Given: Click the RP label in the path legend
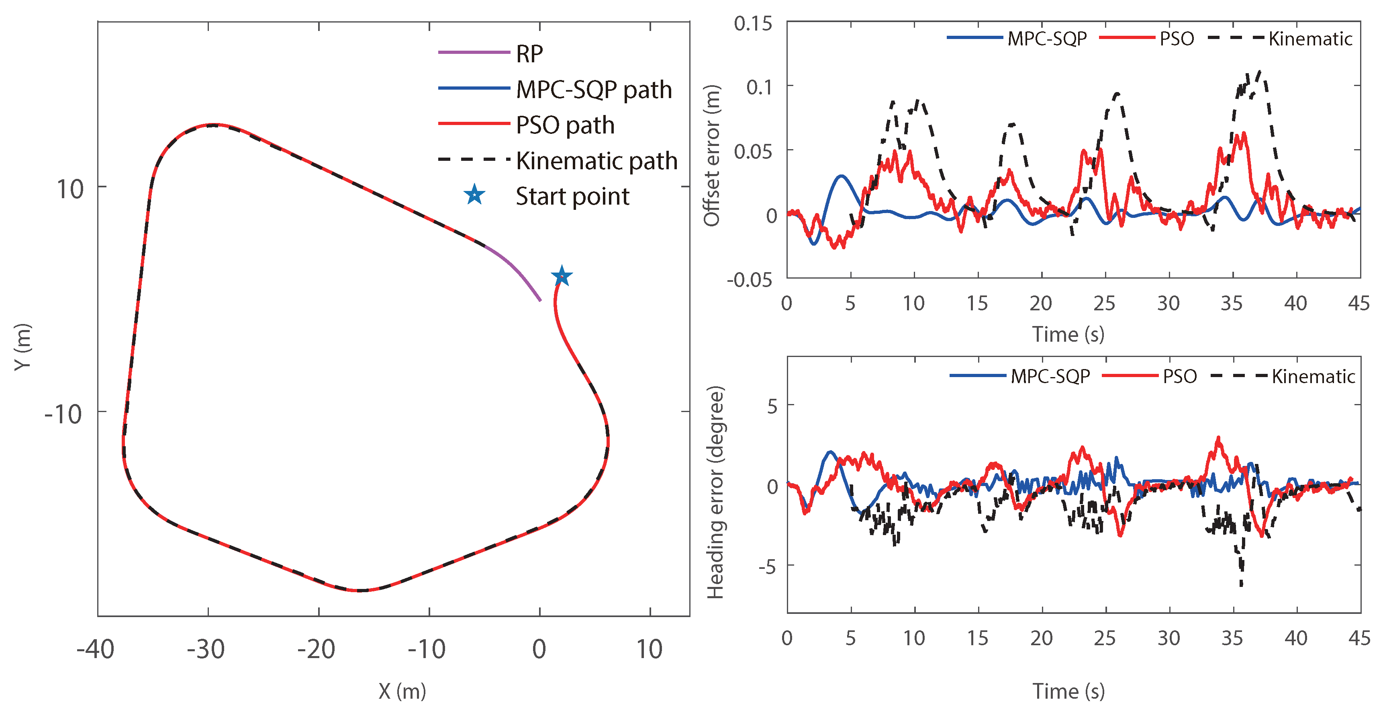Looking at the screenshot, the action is click(x=529, y=54).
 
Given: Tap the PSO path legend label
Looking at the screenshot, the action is click(x=565, y=125).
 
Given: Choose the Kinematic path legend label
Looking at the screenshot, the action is click(x=597, y=161).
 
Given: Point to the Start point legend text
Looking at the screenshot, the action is click(x=573, y=197).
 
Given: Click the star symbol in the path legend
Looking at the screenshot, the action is click(x=474, y=195).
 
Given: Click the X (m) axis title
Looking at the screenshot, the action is click(x=402, y=691).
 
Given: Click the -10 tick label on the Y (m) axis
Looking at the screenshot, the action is click(x=63, y=414).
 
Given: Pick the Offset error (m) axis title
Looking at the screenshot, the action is click(x=711, y=156).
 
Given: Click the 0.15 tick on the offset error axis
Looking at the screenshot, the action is click(x=753, y=24).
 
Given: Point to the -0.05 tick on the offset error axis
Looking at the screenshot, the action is click(x=750, y=280).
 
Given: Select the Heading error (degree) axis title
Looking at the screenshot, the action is click(x=715, y=492).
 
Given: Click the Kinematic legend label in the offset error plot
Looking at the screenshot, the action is click(x=1310, y=39).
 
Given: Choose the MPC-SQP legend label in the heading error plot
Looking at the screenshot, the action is click(x=1050, y=376).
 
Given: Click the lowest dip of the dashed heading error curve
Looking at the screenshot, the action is click(x=1241, y=585).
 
